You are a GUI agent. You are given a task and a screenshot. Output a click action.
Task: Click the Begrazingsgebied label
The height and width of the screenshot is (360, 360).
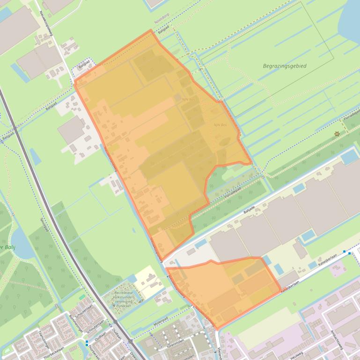285,66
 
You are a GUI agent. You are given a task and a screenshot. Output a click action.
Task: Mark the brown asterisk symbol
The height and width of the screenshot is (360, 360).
337,134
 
